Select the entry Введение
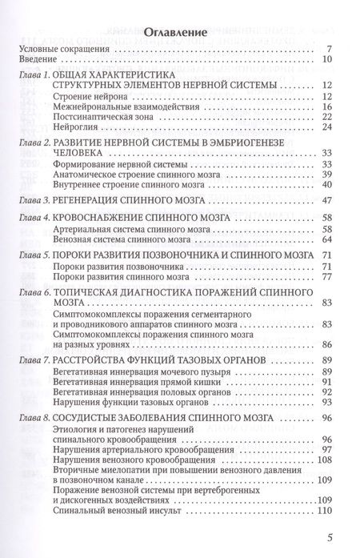coord(37,60)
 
